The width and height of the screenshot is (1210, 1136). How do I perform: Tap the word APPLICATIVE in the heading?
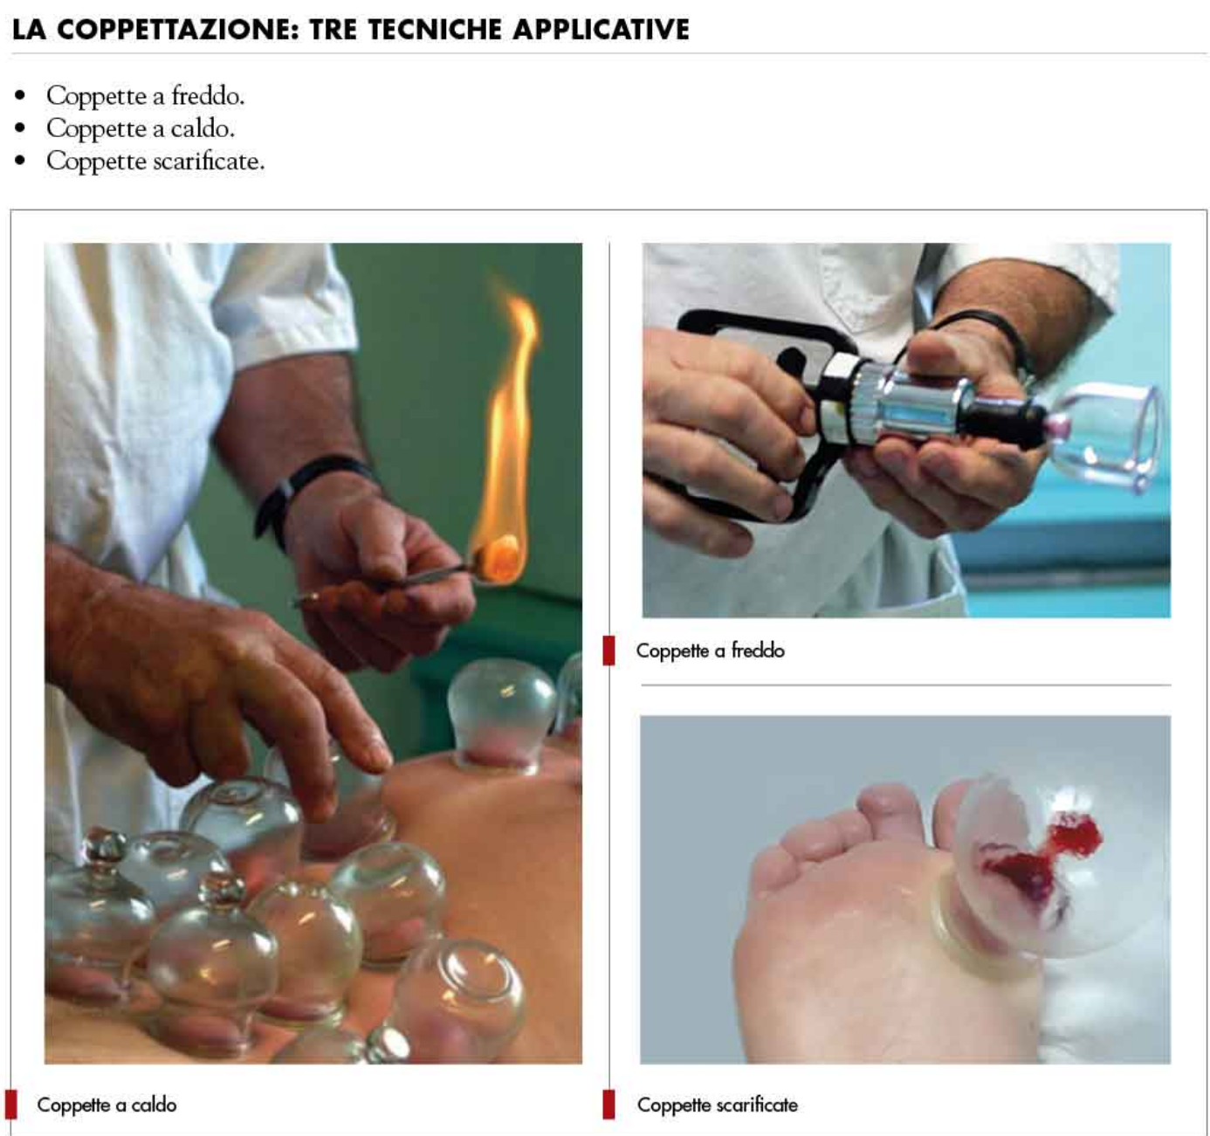[x=602, y=30]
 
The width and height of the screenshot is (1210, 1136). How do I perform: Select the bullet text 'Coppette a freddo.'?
[x=146, y=96]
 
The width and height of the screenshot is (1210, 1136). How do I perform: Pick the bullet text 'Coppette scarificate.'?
[x=156, y=162]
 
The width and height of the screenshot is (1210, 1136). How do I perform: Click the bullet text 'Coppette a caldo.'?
[x=141, y=129]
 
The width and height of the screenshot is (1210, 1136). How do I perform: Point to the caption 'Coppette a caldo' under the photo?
[x=107, y=1105]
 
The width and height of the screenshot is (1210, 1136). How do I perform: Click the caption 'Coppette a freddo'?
[x=711, y=651]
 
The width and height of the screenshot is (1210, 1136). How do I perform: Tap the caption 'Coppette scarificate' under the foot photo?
[x=718, y=1105]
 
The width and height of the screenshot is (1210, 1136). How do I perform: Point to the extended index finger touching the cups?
[x=341, y=732]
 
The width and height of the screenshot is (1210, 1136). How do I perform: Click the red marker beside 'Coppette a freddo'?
[x=608, y=651]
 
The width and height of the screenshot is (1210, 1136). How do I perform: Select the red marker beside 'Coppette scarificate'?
[x=608, y=1105]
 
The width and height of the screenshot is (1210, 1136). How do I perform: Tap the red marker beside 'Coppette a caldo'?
[x=10, y=1105]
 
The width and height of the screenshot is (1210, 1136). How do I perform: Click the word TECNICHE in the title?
[x=434, y=30]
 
